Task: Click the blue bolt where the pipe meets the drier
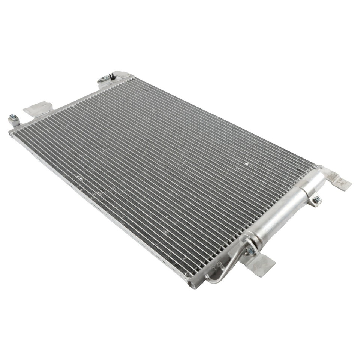pyautogui.click(x=251, y=250)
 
